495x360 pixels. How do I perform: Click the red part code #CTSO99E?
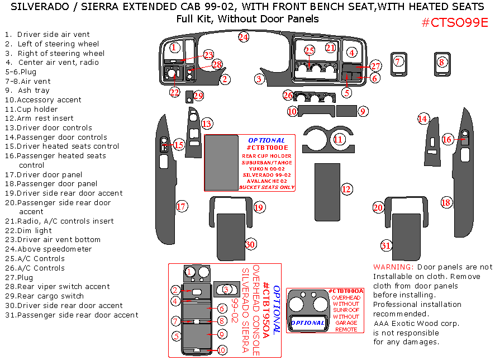point(455,22)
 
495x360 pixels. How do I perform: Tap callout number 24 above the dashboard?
point(243,37)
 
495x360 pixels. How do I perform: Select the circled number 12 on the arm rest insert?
point(346,189)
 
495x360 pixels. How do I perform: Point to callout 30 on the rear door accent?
point(250,244)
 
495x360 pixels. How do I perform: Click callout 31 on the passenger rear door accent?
point(386,245)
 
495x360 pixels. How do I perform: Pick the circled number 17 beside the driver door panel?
point(181,206)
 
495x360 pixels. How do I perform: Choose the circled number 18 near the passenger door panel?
point(446,202)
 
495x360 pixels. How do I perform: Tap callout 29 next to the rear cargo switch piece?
point(198,96)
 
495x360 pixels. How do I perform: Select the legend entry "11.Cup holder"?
point(31,109)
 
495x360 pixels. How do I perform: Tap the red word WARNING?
point(393,267)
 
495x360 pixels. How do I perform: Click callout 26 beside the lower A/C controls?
point(288,96)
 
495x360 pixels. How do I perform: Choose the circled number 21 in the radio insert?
point(330,48)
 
